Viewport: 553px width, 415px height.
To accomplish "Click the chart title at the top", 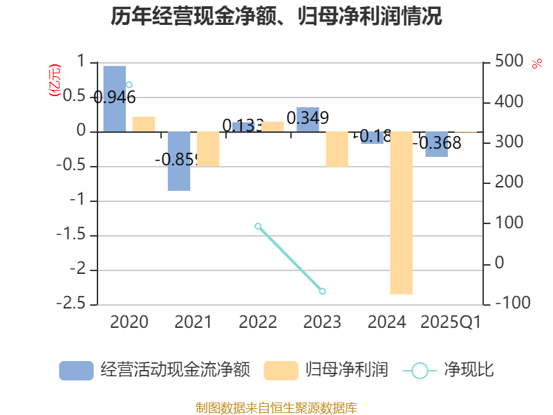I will pyautogui.click(x=276, y=17).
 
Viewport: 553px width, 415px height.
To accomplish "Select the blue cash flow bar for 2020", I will pyautogui.click(x=115, y=98).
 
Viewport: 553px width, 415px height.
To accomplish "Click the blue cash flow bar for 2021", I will pyautogui.click(x=179, y=160).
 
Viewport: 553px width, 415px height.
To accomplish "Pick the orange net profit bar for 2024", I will pyautogui.click(x=401, y=212).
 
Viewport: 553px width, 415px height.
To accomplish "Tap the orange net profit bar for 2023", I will pyautogui.click(x=337, y=149).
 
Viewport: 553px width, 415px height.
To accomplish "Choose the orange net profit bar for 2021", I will pyautogui.click(x=208, y=149).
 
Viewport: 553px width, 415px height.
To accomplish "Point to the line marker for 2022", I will pyautogui.click(x=258, y=226).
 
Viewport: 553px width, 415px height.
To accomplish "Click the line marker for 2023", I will pyautogui.click(x=322, y=291).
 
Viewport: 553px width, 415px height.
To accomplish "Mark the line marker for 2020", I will pyautogui.click(x=129, y=84).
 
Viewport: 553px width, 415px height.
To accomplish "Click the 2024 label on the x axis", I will pyautogui.click(x=386, y=322).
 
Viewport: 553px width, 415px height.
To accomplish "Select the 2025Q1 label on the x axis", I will pyautogui.click(x=451, y=322).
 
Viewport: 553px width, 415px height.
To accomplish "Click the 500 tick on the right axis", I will pyautogui.click(x=509, y=62).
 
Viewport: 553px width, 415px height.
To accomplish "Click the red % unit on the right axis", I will pyautogui.click(x=536, y=64).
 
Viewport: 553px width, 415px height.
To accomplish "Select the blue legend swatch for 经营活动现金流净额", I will pyautogui.click(x=76, y=370).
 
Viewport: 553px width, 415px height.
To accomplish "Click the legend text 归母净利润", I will pyautogui.click(x=347, y=370).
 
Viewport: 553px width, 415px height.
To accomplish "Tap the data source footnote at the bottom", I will pyautogui.click(x=276, y=407).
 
